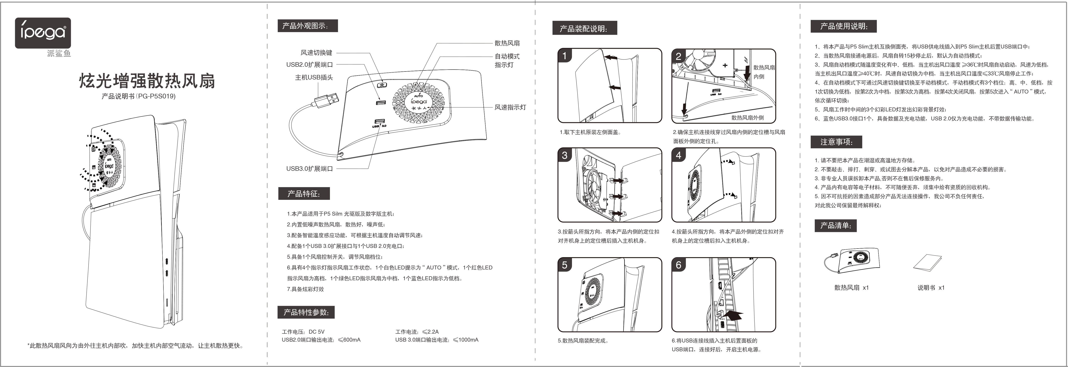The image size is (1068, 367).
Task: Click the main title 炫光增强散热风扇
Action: click(147, 81)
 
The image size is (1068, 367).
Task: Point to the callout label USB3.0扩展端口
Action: click(309, 168)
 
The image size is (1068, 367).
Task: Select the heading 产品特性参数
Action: click(306, 312)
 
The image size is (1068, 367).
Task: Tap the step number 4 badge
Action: click(678, 155)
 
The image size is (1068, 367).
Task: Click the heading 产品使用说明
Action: click(843, 26)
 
